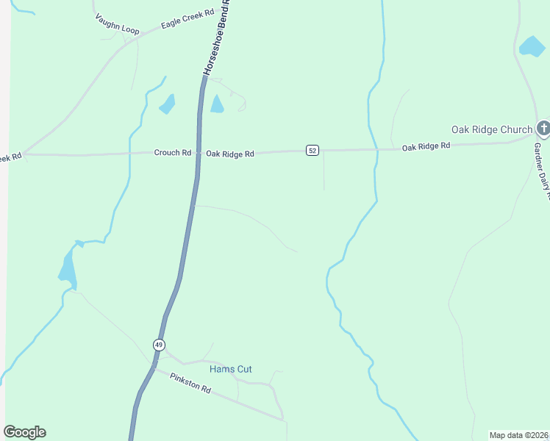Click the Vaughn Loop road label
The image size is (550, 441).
(x=117, y=24)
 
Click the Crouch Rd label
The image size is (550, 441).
(x=172, y=153)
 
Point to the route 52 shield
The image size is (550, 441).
(x=312, y=151)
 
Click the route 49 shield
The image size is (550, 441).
(x=159, y=345)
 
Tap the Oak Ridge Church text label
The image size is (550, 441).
(x=491, y=130)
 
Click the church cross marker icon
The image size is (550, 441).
(x=543, y=129)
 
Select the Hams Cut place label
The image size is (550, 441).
(x=230, y=369)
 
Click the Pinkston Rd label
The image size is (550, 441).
(x=190, y=383)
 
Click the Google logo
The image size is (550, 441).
(x=24, y=432)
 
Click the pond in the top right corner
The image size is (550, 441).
(x=531, y=47)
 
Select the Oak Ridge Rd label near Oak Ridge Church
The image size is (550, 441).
(x=426, y=147)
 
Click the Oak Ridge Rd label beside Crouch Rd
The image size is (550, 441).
(x=230, y=154)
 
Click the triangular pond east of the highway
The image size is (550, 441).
(x=216, y=104)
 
